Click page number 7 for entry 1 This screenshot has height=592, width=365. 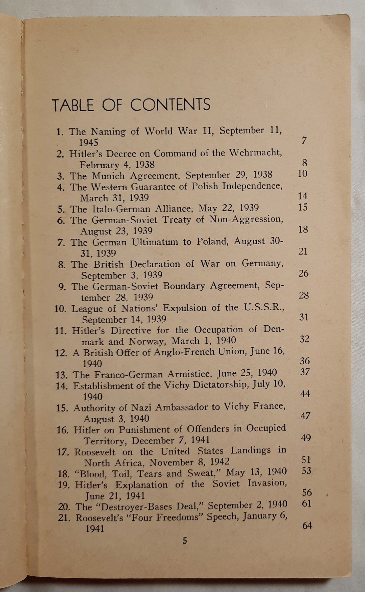tap(304, 140)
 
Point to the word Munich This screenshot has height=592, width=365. tap(108, 175)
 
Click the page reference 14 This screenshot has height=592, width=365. tap(302, 196)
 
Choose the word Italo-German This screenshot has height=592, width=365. tap(121, 209)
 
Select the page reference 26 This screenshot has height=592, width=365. tap(303, 273)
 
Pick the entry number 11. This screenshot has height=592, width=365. tap(61, 331)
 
